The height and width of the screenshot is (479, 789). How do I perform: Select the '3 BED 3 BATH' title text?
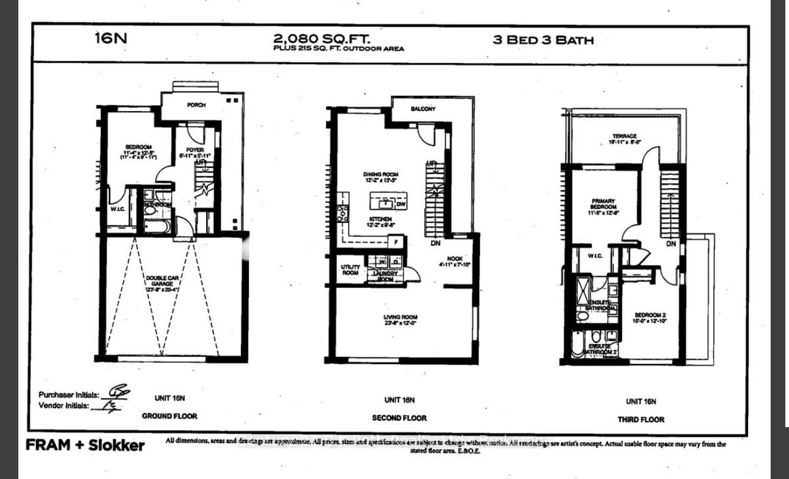pyautogui.click(x=543, y=40)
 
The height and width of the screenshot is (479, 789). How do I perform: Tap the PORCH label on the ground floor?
pyautogui.click(x=196, y=105)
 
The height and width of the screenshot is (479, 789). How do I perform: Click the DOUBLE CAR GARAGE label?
pyautogui.click(x=162, y=284)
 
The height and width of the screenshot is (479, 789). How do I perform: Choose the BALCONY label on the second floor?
pyautogui.click(x=423, y=109)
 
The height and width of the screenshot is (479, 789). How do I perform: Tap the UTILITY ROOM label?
pyautogui.click(x=350, y=270)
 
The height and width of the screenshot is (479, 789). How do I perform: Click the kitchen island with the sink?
pyautogui.click(x=388, y=201)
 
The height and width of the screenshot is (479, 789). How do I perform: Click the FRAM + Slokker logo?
pyautogui.click(x=85, y=445)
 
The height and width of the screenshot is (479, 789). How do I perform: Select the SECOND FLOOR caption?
pyautogui.click(x=399, y=418)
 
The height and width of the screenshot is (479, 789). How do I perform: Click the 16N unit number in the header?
pyautogui.click(x=111, y=38)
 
